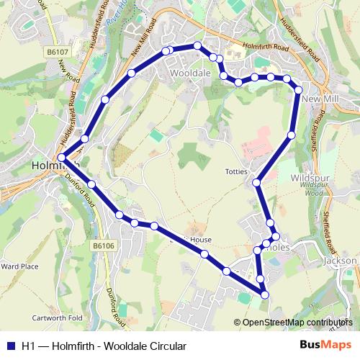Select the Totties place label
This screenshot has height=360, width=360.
click(x=236, y=172)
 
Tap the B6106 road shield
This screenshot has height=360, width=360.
click(x=103, y=246)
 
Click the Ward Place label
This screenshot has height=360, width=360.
click(x=19, y=266)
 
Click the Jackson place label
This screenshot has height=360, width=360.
click(x=341, y=261)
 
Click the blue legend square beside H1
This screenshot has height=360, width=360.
click(x=10, y=346)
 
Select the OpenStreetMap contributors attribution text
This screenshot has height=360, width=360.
click(x=297, y=323)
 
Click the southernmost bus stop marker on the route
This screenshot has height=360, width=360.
click(x=264, y=294)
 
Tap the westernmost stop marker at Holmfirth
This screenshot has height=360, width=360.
click(x=61, y=158)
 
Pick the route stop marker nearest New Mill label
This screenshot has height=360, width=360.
click(x=298, y=89)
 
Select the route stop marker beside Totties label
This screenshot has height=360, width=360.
click(x=256, y=183)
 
